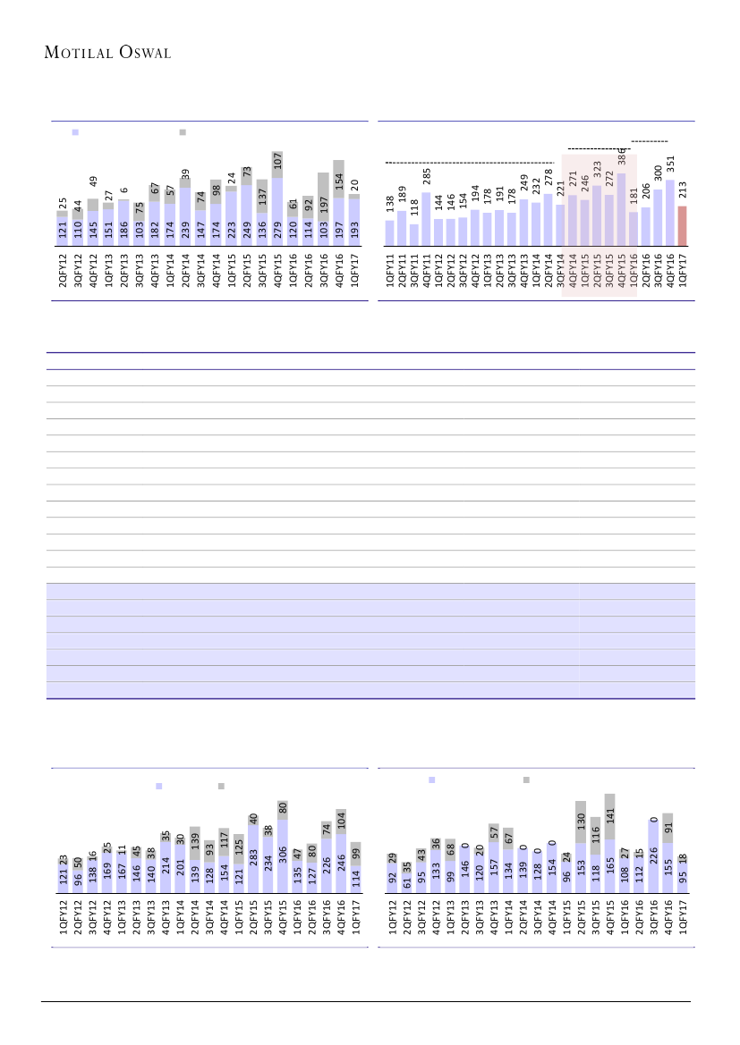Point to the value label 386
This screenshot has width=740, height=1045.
tap(621, 162)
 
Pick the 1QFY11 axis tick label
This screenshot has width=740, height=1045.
tap(390, 272)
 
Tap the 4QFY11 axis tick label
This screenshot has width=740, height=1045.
tap(427, 272)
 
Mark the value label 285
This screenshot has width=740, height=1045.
tap(427, 177)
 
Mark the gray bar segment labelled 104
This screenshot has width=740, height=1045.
tap(341, 822)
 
